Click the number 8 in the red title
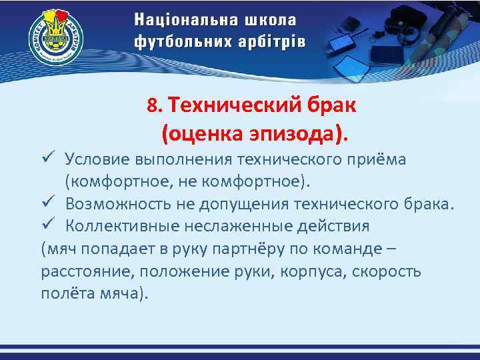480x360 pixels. pyautogui.click(x=153, y=106)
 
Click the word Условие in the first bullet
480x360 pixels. pyautogui.click(x=98, y=160)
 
